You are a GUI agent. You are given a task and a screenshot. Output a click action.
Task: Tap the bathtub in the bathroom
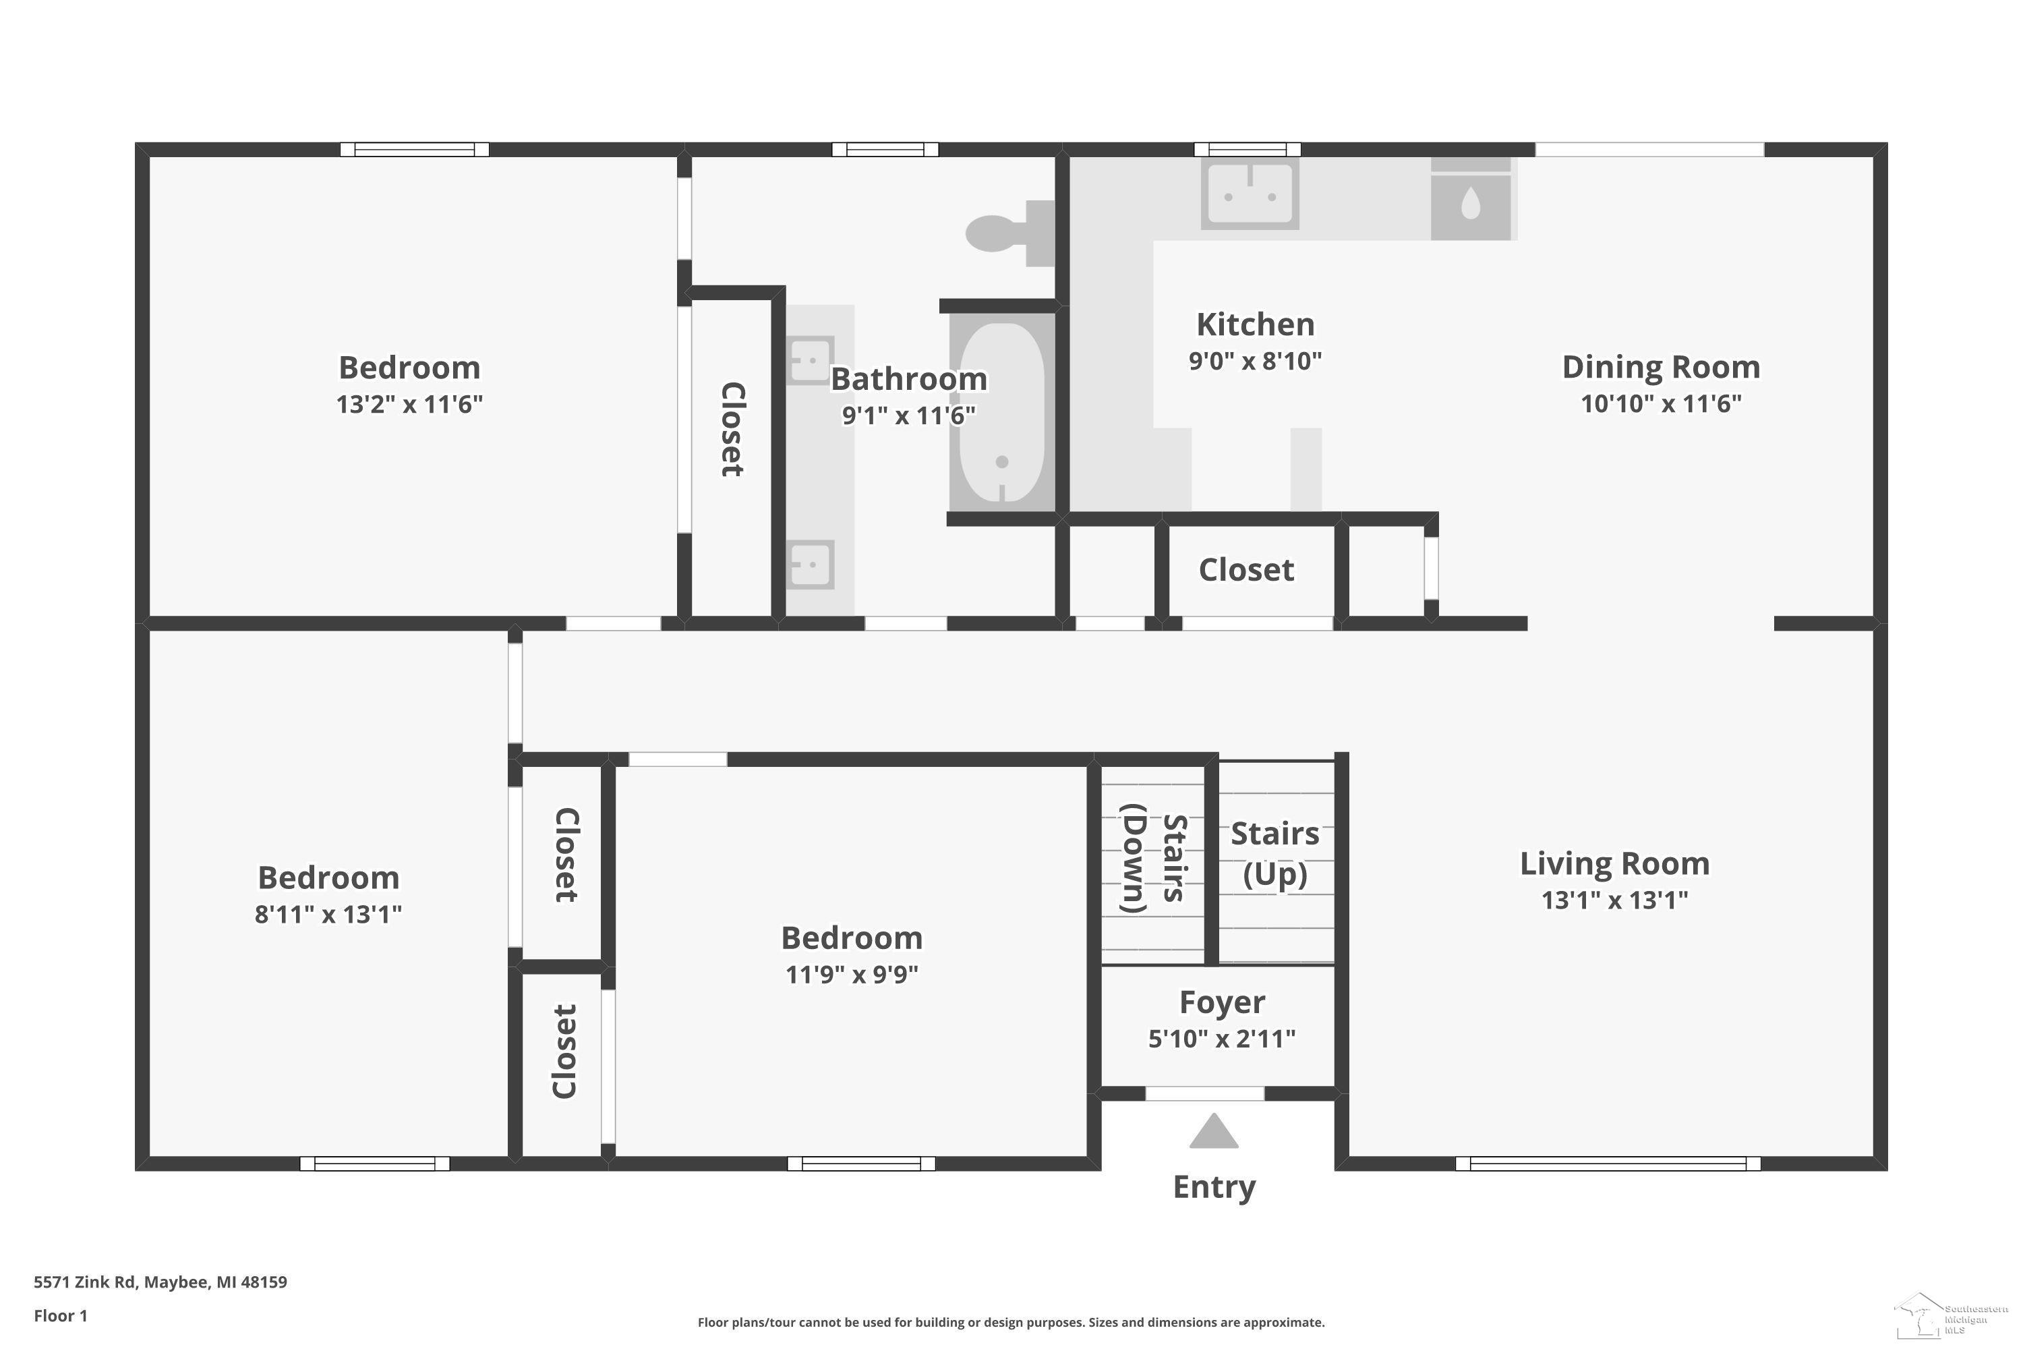tap(1002, 412)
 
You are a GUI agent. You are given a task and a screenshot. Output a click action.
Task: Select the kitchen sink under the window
tap(1250, 194)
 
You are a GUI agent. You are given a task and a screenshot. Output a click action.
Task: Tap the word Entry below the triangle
tap(1214, 1187)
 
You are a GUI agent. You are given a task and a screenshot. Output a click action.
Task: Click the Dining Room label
tap(1661, 368)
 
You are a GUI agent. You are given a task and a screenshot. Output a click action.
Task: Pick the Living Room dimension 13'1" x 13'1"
tap(1614, 900)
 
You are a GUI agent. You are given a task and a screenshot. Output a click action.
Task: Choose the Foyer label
tap(1222, 1002)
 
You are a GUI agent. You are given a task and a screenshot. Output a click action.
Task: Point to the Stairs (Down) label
tap(1153, 858)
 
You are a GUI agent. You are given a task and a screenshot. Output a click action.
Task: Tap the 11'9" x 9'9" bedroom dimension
tap(852, 975)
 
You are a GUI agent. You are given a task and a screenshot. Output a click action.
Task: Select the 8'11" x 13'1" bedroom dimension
tap(328, 915)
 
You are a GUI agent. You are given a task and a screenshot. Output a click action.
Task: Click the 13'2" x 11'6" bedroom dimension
tap(409, 404)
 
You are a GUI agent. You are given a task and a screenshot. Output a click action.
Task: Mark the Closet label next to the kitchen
tap(1246, 569)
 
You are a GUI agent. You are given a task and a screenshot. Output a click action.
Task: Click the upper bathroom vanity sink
tap(811, 360)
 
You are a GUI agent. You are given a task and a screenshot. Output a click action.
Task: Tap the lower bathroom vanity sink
tap(811, 565)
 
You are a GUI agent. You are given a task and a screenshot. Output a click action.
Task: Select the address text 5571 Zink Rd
tap(85, 1282)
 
